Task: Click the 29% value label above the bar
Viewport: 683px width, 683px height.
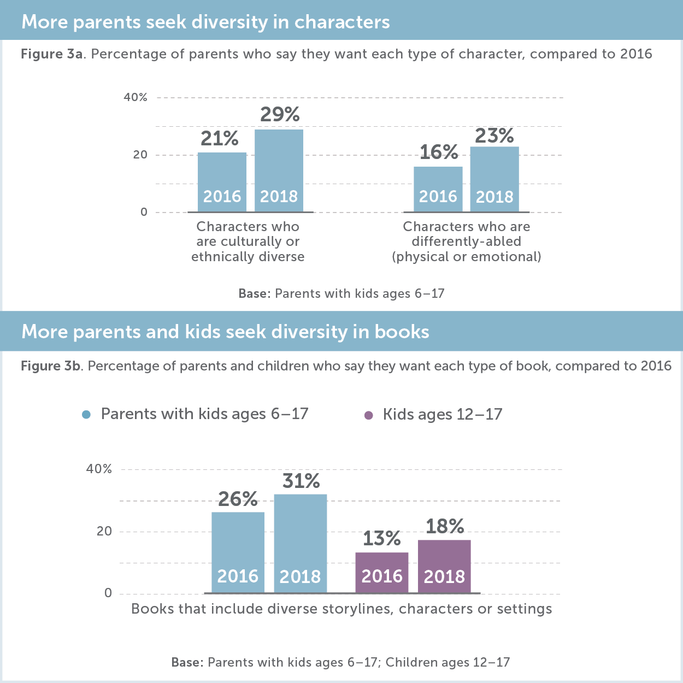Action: pyautogui.click(x=280, y=115)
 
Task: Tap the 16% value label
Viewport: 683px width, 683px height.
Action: pyautogui.click(x=438, y=152)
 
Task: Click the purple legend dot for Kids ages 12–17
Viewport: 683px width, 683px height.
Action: pyautogui.click(x=368, y=415)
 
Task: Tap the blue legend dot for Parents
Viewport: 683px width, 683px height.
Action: pyautogui.click(x=86, y=415)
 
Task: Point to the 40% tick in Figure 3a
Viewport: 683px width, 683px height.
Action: pyautogui.click(x=136, y=98)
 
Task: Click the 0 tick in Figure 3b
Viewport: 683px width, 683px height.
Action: pyautogui.click(x=108, y=593)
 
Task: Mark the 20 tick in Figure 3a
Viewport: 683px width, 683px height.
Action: pyautogui.click(x=140, y=155)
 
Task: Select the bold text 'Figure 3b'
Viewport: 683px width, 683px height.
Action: pyautogui.click(x=51, y=366)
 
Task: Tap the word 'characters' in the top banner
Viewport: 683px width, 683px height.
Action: pyautogui.click(x=342, y=22)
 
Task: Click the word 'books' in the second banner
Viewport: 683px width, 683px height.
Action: pyautogui.click(x=402, y=332)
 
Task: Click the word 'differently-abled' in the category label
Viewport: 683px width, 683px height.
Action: pyautogui.click(x=466, y=242)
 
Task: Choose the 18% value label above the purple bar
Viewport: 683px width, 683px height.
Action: pyautogui.click(x=445, y=527)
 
